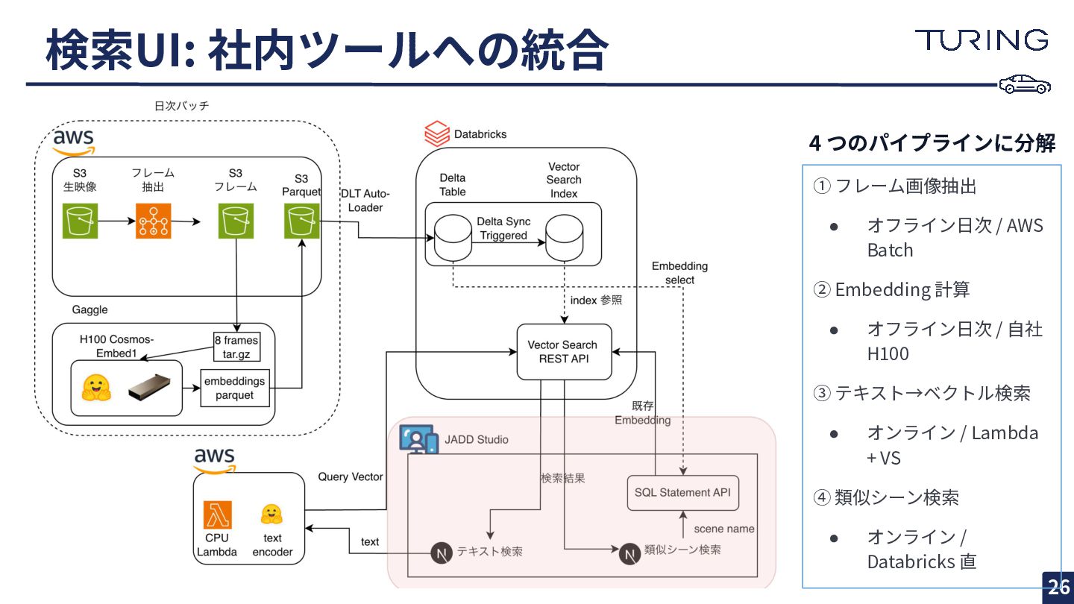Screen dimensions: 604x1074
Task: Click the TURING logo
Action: [x=982, y=40]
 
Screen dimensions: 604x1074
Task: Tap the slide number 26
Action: [x=1058, y=587]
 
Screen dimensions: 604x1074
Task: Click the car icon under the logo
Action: [x=1025, y=84]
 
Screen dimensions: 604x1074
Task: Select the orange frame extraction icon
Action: [x=154, y=221]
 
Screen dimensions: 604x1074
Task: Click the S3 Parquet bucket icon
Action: [x=301, y=221]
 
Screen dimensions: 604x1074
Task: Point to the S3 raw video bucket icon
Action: [x=81, y=221]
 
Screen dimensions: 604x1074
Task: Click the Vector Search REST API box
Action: [x=564, y=351]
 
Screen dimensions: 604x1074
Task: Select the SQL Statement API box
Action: [x=682, y=493]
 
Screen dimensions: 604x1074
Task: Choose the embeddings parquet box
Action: [x=234, y=388]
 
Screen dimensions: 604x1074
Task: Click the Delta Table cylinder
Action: [x=453, y=238]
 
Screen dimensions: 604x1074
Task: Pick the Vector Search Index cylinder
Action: [x=564, y=238]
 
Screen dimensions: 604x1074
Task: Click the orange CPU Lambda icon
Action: [x=218, y=515]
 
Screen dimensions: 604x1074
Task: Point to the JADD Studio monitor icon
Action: [x=418, y=439]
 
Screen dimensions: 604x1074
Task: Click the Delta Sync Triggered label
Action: [x=503, y=229]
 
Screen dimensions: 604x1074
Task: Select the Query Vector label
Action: [x=350, y=476]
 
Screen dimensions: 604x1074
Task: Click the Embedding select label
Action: [x=679, y=273]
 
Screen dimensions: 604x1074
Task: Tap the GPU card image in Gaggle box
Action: [x=154, y=387]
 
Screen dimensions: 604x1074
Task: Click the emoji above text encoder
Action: [x=271, y=514]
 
